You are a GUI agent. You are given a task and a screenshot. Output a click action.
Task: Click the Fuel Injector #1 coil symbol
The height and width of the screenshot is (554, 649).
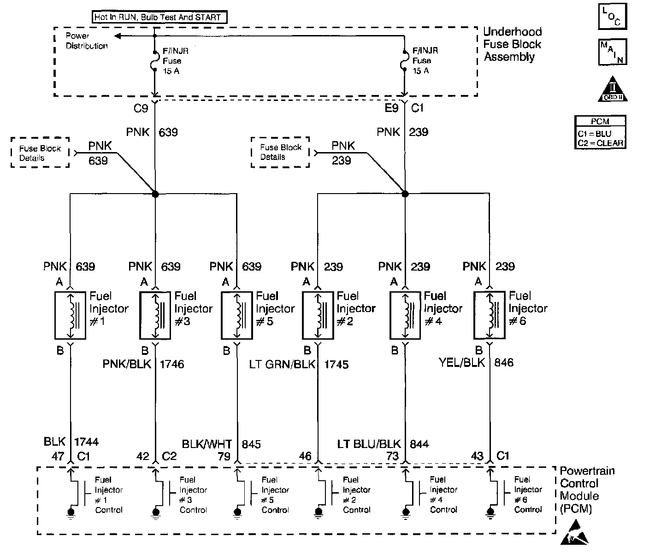(x=70, y=316)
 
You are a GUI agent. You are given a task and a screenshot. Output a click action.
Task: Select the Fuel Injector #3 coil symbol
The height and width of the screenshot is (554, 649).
(x=155, y=316)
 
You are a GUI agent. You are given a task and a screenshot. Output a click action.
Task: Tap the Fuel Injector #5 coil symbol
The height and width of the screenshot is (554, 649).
(x=236, y=316)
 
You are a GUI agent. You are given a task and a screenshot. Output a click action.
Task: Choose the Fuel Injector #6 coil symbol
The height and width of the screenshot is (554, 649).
(x=490, y=316)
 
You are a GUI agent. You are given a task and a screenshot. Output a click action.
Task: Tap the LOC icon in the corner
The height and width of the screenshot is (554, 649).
(x=613, y=17)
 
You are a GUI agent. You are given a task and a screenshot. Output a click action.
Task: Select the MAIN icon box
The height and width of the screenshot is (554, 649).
(x=613, y=52)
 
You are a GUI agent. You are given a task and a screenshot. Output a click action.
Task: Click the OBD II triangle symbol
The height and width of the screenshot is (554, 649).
(x=613, y=89)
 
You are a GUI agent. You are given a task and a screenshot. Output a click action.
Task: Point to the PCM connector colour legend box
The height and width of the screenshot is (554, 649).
(x=601, y=132)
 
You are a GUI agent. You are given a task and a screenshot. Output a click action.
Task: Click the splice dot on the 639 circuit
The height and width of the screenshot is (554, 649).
(x=155, y=194)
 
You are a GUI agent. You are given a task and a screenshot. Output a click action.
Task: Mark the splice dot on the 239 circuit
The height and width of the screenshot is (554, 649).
(x=405, y=194)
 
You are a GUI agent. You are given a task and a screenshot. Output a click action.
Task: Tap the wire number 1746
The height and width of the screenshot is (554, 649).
(x=172, y=365)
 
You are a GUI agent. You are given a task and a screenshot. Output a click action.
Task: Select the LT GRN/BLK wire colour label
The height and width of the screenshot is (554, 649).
(x=282, y=365)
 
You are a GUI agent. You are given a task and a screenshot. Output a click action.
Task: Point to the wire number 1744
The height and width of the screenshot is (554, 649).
(x=87, y=442)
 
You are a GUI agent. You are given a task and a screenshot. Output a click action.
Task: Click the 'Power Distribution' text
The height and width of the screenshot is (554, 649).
(x=86, y=41)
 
